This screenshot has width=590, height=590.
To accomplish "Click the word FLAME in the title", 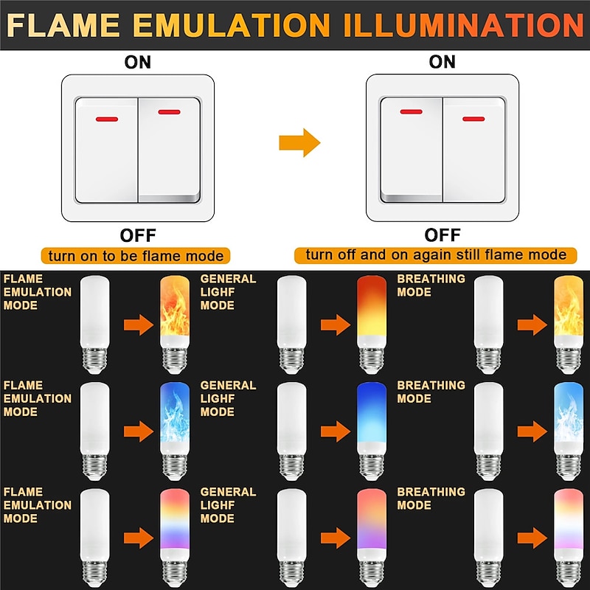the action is pyautogui.click(x=63, y=25).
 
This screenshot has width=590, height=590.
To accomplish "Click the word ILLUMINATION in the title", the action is pyautogui.click(x=464, y=25).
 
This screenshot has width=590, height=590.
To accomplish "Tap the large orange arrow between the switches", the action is pyautogui.click(x=299, y=142).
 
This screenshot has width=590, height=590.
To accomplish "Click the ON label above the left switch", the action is pyautogui.click(x=138, y=62).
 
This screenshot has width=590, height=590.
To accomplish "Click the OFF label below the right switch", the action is pyautogui.click(x=442, y=235).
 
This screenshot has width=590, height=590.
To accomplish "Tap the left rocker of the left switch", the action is pyautogui.click(x=106, y=150).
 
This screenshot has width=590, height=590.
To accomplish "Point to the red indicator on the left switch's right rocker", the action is pyautogui.click(x=170, y=112).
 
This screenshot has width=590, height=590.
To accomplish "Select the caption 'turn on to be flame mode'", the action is pyautogui.click(x=136, y=256).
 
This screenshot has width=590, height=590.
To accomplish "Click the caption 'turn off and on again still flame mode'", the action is pyautogui.click(x=436, y=254).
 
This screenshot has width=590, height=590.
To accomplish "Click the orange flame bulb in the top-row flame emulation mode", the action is pyautogui.click(x=175, y=324).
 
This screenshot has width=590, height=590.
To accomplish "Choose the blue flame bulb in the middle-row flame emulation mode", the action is pyautogui.click(x=175, y=431).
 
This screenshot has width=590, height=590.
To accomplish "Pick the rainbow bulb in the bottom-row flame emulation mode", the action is pyautogui.click(x=175, y=538).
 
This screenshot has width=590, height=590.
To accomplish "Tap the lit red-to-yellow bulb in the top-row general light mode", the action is pyautogui.click(x=372, y=324).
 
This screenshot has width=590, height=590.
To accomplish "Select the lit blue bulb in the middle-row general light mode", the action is pyautogui.click(x=372, y=431).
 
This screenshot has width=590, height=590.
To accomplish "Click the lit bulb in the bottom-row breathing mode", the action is pyautogui.click(x=569, y=538).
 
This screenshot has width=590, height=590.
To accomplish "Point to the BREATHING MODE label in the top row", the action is pyautogui.click(x=431, y=285).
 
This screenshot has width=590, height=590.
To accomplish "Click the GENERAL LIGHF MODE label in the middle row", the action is pyautogui.click(x=228, y=398).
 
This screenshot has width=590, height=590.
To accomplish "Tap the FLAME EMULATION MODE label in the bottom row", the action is pyautogui.click(x=38, y=505).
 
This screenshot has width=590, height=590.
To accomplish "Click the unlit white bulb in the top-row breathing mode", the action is pyautogui.click(x=488, y=324).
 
